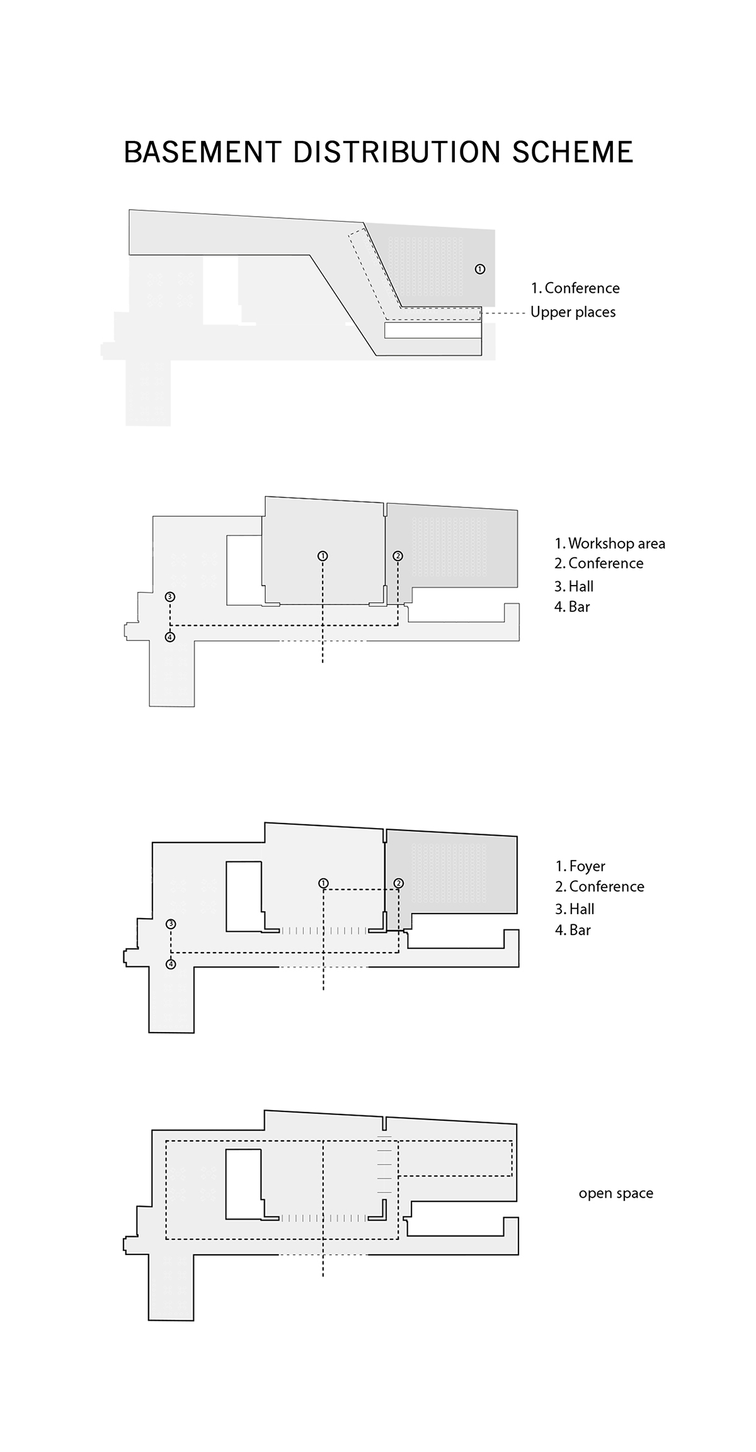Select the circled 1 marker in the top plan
[480, 269]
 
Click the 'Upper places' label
[573, 312]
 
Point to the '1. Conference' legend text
[575, 288]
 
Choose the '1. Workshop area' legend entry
[610, 543]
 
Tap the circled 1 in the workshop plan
[323, 556]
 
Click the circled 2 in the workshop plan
[398, 556]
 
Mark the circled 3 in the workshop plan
[169, 597]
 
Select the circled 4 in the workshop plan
[169, 637]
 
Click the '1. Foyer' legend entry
[580, 866]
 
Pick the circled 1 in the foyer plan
[323, 883]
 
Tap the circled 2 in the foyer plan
[398, 883]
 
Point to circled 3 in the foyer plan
[171, 924]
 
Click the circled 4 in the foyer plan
[171, 964]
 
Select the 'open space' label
[616, 1194]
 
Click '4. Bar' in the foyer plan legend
[573, 930]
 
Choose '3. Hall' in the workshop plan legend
[574, 587]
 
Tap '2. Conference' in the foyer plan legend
[600, 887]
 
